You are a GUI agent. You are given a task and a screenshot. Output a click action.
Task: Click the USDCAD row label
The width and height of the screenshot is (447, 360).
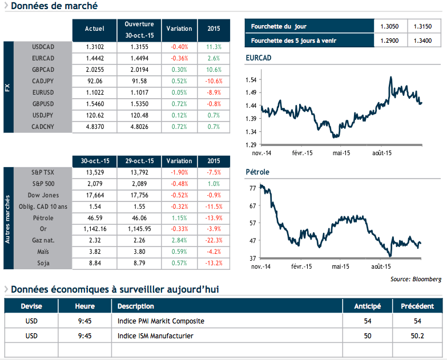click(43, 47)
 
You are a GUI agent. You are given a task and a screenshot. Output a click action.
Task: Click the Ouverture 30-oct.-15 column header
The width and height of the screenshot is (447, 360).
click(139, 29)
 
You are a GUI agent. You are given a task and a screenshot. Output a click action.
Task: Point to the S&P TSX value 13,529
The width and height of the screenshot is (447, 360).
click(94, 171)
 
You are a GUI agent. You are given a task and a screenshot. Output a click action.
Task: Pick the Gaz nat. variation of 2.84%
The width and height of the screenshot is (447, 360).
click(179, 240)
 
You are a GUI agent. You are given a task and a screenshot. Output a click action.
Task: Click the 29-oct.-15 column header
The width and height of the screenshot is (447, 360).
click(139, 161)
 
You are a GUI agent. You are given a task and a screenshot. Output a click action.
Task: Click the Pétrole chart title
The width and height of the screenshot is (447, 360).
click(257, 172)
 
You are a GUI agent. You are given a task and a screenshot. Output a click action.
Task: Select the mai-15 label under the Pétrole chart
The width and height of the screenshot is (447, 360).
click(340, 266)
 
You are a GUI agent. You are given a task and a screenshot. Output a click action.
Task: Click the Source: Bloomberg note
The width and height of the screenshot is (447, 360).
click(416, 279)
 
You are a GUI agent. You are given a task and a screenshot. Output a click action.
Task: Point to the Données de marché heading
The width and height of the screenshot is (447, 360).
click(54, 6)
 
